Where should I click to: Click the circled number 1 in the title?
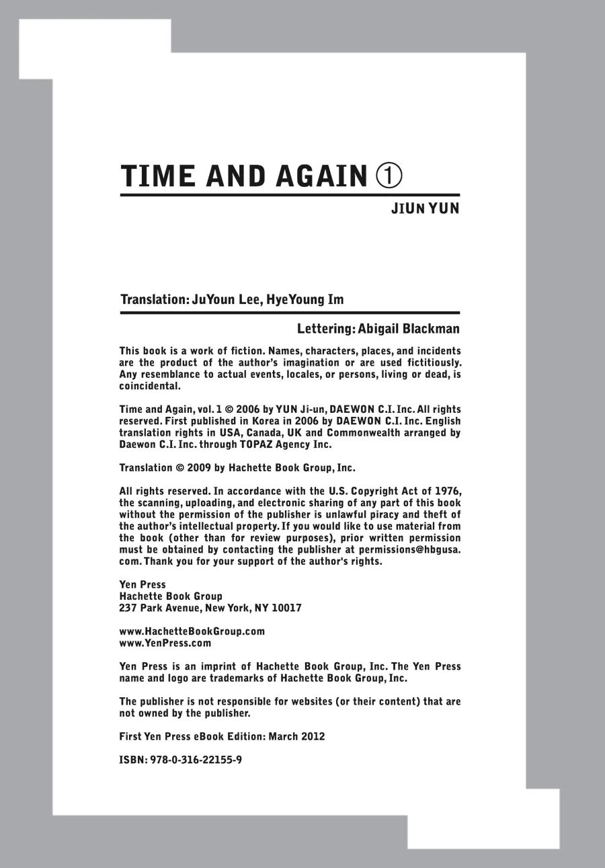coord(389,175)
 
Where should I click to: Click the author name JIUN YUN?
coord(426,208)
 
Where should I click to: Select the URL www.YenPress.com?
coord(165,643)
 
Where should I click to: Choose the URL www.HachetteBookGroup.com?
coord(192,631)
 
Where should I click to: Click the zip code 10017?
coord(286,608)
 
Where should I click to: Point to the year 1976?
coord(446,491)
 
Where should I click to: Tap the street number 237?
coord(128,608)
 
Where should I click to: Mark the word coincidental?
coord(150,386)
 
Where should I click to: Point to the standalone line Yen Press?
coord(142,585)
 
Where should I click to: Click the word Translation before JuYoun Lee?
coord(153,299)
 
